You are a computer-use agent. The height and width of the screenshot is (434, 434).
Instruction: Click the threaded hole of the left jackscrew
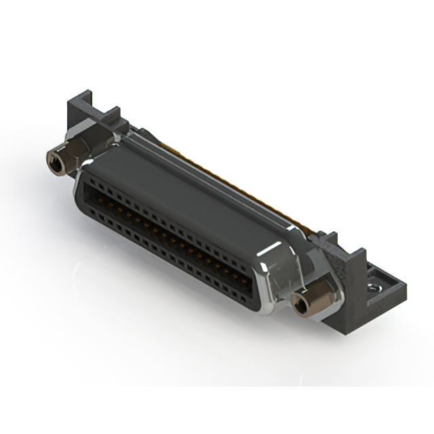(x=54, y=161)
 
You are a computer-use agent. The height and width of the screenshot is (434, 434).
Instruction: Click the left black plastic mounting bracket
(x=85, y=115)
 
